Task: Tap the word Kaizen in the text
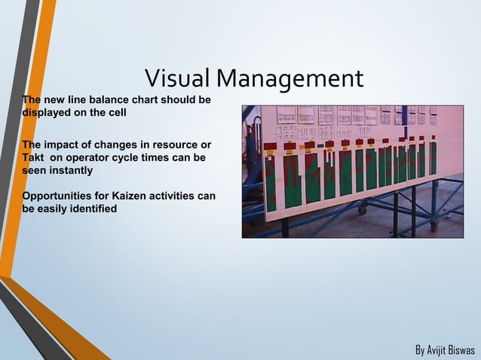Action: (x=133, y=196)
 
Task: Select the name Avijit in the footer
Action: (x=438, y=350)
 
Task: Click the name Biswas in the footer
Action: (x=463, y=350)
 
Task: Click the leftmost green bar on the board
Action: (x=270, y=182)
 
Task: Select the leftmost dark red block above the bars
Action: (x=270, y=146)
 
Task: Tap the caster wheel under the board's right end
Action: (x=434, y=225)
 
